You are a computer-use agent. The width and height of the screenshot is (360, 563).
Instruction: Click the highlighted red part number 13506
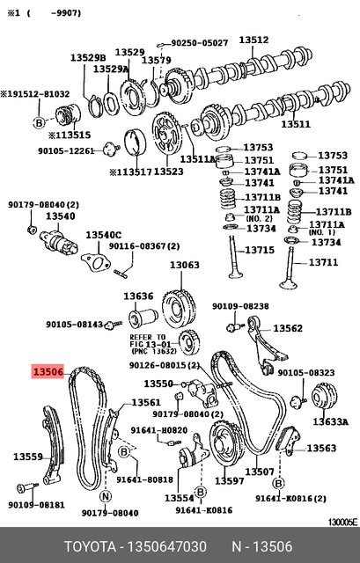point(48,373)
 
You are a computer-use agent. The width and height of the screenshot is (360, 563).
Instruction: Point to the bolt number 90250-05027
point(200,41)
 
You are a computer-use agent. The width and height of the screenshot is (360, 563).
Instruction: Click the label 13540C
point(103,236)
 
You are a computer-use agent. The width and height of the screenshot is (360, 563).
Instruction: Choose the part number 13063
point(185,265)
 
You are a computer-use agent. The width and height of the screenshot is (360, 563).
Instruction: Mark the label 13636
point(138,296)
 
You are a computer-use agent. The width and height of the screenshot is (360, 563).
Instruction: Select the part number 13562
point(288,328)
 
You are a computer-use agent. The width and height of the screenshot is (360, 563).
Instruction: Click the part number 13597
point(230,481)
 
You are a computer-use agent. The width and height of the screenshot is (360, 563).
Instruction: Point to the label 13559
point(27,457)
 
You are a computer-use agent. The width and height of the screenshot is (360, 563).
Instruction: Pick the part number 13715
point(260,250)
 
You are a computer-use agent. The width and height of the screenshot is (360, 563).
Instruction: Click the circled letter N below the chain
point(106,497)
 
